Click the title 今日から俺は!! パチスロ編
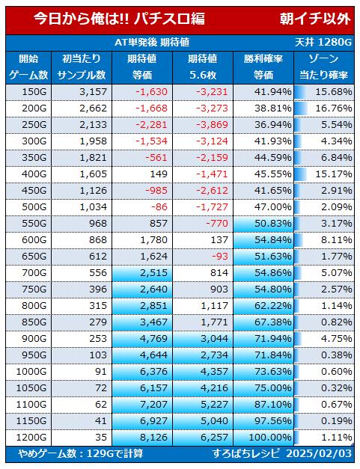119,19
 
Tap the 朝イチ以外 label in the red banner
315,19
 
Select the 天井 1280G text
323,43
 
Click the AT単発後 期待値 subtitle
152,43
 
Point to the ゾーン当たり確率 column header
323,67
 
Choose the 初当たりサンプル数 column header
82,67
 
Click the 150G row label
34,92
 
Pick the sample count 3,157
93,92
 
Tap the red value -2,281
151,125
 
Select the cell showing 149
159,174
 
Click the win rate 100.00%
270,438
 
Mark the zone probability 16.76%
334,108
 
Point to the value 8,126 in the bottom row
154,438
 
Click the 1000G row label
31,372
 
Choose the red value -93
219,257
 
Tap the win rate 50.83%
273,224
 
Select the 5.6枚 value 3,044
214,339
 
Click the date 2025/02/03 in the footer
319,453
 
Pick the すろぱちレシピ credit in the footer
246,453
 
